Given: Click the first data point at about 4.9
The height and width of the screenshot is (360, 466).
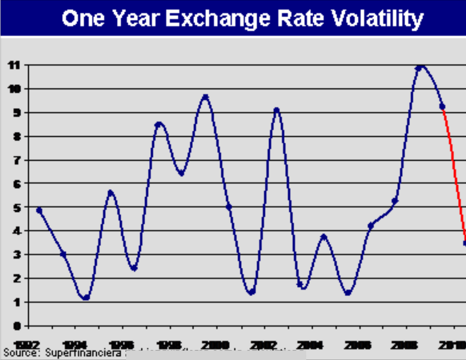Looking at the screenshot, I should [39, 210].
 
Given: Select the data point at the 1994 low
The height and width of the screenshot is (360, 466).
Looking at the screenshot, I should [86, 298].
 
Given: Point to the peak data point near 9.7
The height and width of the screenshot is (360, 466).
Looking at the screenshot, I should [205, 97].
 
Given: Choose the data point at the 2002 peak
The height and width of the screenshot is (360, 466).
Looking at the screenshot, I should [276, 110].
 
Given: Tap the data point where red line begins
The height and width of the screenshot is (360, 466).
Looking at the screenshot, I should [442, 106].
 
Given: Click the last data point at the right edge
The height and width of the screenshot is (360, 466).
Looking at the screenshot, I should [465, 243].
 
